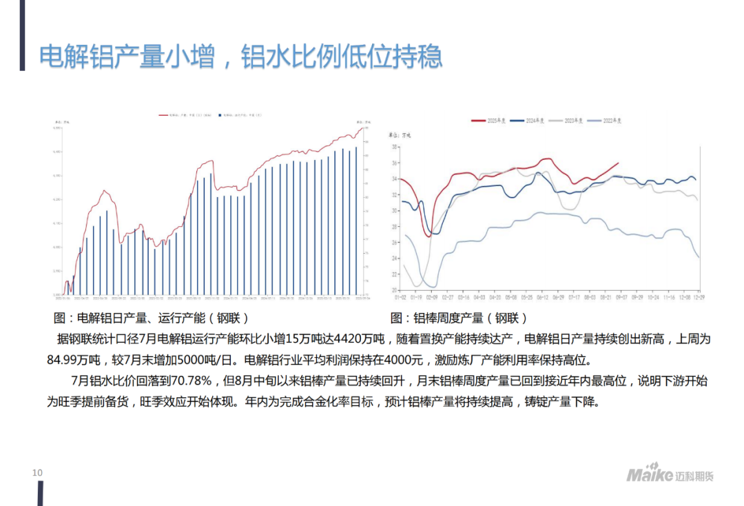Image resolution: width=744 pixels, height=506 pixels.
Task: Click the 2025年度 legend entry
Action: click(488, 121)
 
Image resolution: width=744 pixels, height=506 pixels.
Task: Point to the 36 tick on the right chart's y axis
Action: click(395, 163)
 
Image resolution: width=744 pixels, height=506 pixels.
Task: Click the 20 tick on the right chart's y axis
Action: click(395, 290)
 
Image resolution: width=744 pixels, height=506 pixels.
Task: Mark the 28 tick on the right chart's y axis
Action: click(395, 227)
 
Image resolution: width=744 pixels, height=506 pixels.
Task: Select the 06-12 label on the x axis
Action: click(541, 297)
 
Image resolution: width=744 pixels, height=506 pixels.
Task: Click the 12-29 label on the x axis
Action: click(698, 297)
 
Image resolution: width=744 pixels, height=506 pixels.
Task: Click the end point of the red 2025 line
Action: click(618, 163)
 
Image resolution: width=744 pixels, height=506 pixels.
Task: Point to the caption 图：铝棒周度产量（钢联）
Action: click(459, 318)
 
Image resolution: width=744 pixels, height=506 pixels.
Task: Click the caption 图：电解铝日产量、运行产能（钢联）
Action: click(151, 318)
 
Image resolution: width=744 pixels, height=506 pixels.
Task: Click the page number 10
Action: click(37, 472)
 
